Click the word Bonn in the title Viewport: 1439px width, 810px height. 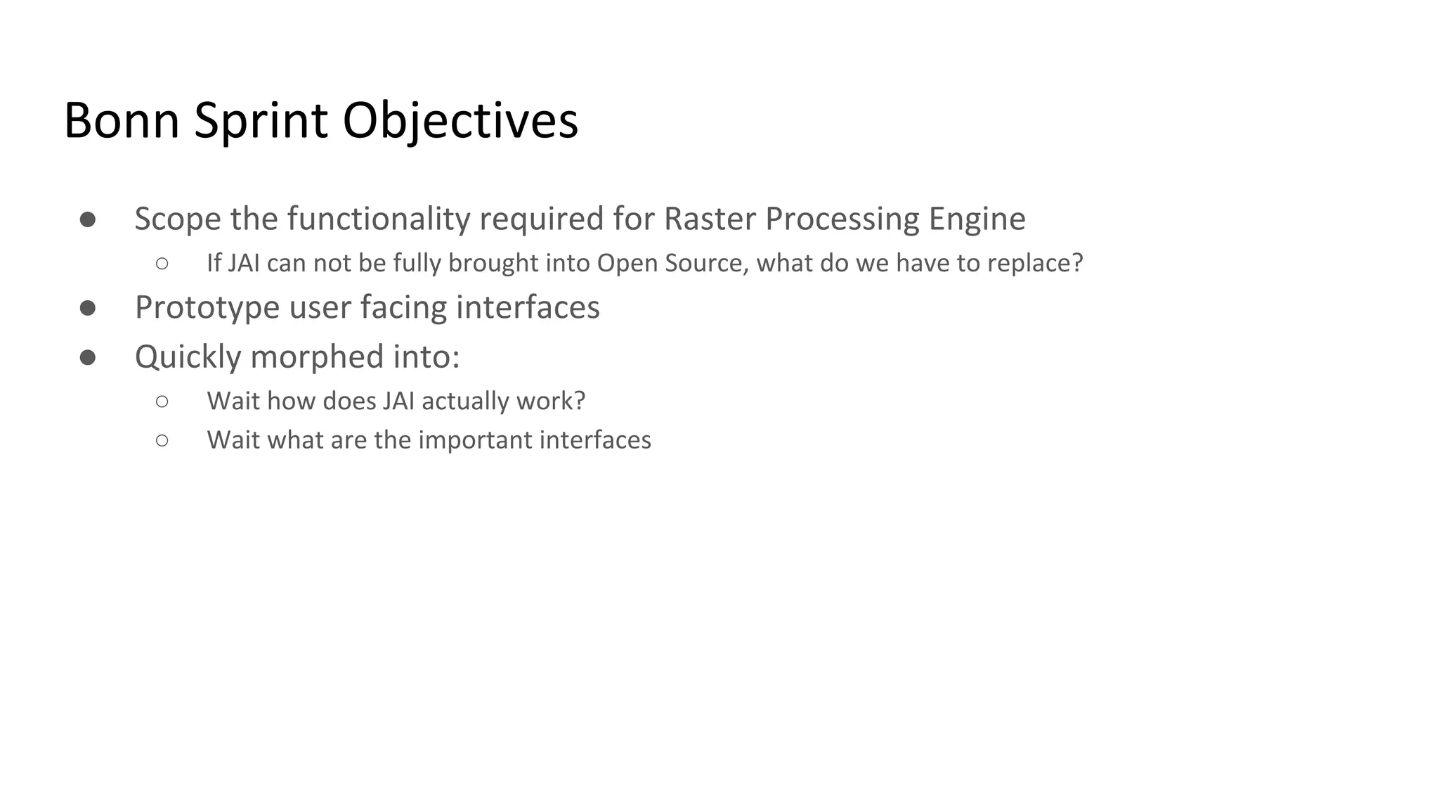coord(121,121)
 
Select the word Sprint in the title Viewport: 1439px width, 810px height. coord(261,121)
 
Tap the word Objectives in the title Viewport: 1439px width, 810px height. coord(460,121)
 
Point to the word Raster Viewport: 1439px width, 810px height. coord(710,219)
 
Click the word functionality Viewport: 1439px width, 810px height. coord(378,219)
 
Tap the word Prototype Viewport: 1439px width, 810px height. coord(207,308)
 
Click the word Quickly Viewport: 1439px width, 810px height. coord(188,357)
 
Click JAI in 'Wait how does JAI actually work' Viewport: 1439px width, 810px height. coord(398,401)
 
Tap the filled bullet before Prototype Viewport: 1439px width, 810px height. coord(88,308)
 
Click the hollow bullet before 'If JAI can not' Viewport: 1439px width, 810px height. coord(162,264)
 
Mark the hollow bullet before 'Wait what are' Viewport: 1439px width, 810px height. coord(162,440)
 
